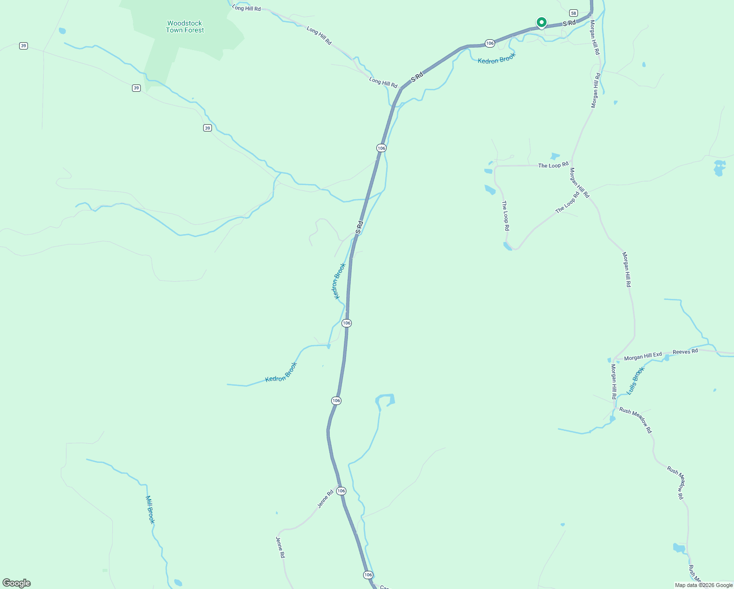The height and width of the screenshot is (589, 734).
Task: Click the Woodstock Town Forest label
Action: tap(184, 27)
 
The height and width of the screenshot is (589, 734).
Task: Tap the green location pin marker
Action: tap(541, 23)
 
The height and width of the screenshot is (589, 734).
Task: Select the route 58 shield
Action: tap(574, 13)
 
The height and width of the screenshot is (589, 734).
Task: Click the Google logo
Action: tap(17, 583)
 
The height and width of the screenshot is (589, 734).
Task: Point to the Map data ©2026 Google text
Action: tap(704, 585)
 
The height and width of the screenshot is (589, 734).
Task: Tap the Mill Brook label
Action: tap(150, 509)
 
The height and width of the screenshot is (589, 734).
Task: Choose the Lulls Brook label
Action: tap(635, 381)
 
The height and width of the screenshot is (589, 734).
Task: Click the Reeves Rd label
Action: tap(685, 351)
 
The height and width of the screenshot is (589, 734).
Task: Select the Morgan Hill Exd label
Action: tap(643, 356)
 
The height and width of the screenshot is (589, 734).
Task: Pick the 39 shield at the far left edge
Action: tap(24, 46)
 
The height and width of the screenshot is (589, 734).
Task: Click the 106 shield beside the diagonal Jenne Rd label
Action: tap(341, 491)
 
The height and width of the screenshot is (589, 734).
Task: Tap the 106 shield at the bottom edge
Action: tap(368, 575)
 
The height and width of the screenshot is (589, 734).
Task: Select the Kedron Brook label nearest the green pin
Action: tap(497, 58)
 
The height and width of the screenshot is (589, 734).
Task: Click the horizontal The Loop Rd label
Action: tap(553, 165)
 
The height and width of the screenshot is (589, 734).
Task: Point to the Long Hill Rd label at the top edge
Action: tap(246, 8)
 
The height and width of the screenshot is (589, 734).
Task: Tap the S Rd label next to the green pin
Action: tap(569, 23)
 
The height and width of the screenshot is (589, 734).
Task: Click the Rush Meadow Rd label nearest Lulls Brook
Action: tap(635, 420)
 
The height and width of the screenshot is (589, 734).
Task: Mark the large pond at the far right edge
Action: tap(719, 167)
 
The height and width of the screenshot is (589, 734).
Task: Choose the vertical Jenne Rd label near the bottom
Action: tap(280, 547)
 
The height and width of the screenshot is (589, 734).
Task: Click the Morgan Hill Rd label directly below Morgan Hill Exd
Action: tap(614, 381)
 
